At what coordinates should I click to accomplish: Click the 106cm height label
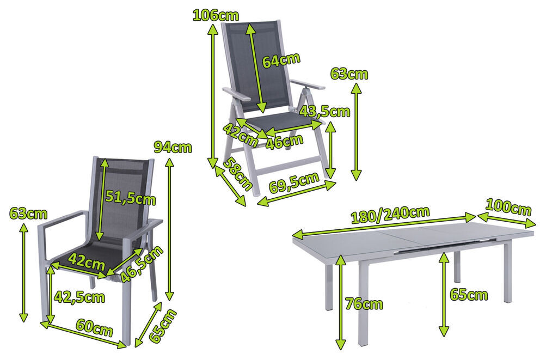[215, 15]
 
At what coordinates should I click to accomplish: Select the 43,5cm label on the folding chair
[324, 111]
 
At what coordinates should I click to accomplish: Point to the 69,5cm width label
[294, 183]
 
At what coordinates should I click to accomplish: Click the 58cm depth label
[237, 174]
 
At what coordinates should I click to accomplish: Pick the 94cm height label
[173, 148]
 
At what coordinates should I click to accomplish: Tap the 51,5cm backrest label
[130, 198]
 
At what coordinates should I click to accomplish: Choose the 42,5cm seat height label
[79, 297]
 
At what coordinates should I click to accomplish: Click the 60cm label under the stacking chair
[94, 328]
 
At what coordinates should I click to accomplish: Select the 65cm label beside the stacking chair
[162, 326]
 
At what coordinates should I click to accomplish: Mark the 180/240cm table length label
[390, 215]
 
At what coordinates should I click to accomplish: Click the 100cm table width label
[508, 208]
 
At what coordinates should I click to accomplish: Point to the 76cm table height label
[364, 304]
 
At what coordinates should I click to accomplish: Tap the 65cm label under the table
[469, 295]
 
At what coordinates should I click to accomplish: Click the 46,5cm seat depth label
[142, 264]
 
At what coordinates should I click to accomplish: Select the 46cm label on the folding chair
[285, 142]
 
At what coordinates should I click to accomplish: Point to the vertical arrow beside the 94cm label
[169, 229]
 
